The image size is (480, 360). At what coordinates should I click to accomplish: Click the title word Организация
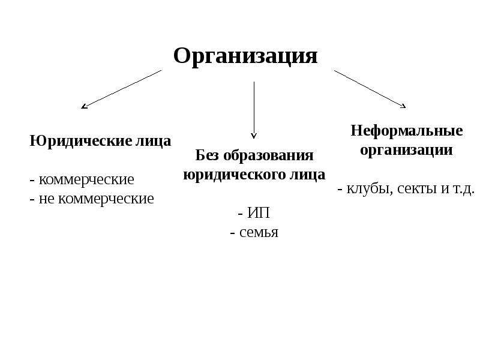[245, 56]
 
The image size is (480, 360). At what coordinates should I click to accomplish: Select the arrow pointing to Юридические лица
[121, 89]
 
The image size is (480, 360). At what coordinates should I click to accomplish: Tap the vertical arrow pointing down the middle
[254, 110]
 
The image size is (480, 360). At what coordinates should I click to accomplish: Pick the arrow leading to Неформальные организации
[370, 89]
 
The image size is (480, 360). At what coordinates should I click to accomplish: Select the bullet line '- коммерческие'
[82, 179]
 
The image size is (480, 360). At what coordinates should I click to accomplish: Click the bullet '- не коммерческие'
[92, 199]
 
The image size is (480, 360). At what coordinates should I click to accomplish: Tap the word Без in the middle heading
[207, 155]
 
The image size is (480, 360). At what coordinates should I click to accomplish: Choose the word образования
[268, 155]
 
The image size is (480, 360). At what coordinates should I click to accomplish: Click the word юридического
[234, 175]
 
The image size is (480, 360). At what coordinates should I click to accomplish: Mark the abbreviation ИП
[259, 213]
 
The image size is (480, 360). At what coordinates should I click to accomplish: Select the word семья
[259, 232]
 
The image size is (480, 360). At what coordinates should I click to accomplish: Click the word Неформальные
[407, 131]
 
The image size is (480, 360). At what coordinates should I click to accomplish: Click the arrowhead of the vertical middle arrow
[254, 137]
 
